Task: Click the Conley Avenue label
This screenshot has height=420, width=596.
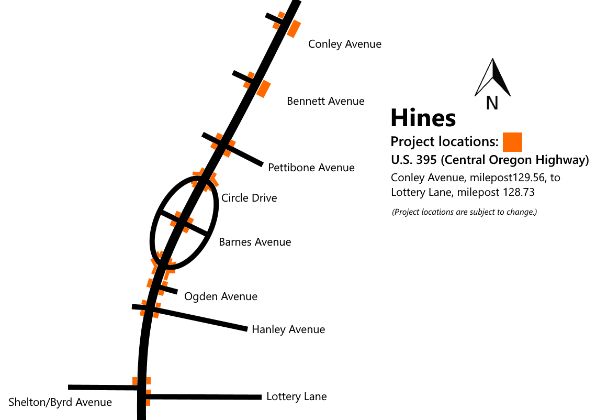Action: point(345,44)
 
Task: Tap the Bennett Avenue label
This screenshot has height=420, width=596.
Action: point(326,101)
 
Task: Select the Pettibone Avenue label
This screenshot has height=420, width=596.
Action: point(311,168)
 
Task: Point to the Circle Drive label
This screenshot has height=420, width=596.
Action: point(249,198)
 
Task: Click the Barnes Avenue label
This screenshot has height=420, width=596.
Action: point(255,242)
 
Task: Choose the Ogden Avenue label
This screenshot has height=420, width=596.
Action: point(221,297)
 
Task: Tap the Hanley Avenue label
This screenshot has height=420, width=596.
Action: point(288,329)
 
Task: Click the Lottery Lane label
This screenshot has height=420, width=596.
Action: point(297,396)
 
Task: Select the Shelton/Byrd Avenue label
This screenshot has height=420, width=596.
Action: point(60,403)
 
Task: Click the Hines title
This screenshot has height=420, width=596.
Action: point(423,117)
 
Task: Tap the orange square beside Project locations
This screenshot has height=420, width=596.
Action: point(512,142)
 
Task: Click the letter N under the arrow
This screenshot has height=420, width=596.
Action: point(492,103)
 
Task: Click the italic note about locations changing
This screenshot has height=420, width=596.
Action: point(464,212)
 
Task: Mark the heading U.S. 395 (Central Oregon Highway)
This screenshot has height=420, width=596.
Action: point(490,160)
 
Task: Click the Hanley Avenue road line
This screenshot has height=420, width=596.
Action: point(189,318)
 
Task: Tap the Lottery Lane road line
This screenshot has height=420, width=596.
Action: point(204,397)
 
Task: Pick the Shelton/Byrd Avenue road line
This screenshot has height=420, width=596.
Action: point(103,388)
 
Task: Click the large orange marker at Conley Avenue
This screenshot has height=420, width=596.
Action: point(294,29)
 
